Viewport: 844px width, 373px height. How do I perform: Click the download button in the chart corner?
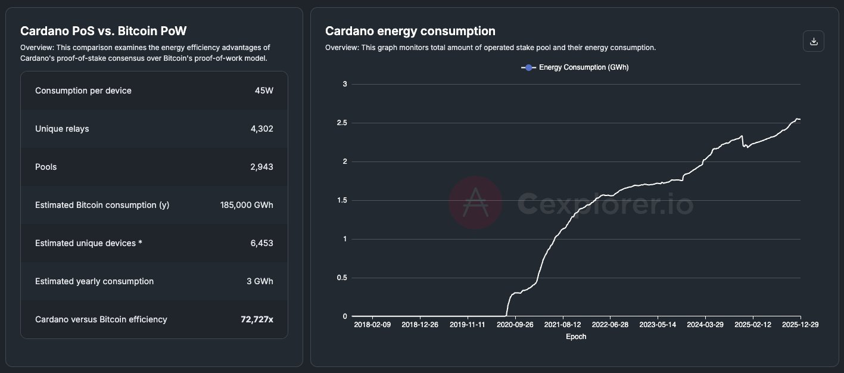coord(814,41)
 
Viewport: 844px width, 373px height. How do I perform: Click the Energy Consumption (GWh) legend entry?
coord(575,67)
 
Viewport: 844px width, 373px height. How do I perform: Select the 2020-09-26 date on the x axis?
coord(515,325)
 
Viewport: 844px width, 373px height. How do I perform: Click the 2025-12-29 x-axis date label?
coord(801,325)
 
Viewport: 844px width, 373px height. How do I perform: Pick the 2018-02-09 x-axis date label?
coord(372,325)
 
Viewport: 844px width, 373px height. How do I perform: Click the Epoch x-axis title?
coord(576,337)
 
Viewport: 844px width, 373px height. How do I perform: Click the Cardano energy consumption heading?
coord(410,31)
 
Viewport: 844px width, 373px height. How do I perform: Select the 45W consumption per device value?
coord(264,91)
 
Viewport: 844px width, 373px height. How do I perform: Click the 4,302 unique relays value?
coord(262,129)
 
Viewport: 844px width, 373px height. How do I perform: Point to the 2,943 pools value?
coord(262,167)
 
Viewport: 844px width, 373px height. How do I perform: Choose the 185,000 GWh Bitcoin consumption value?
coord(247,205)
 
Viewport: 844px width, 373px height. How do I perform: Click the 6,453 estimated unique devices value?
coord(262,243)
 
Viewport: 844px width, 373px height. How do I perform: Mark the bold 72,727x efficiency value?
coord(257,319)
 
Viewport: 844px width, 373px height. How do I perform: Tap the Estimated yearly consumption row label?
coord(94,281)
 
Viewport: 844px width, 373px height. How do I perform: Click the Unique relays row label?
coord(62,129)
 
